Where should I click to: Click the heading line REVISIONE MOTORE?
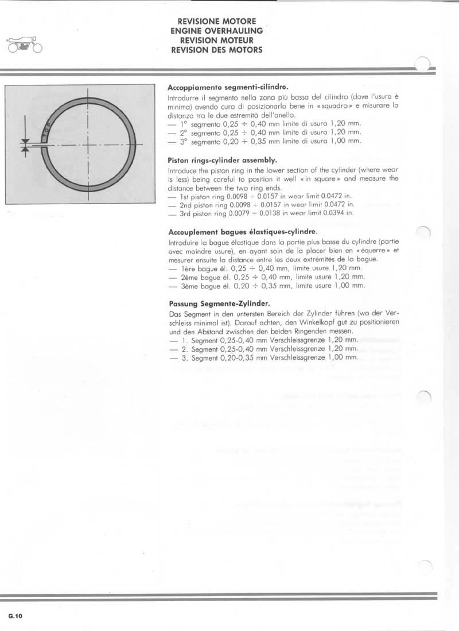217,22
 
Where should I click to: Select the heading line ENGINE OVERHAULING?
217,31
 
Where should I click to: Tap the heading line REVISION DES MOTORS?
217,50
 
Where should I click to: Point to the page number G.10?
15,617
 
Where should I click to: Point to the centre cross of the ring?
89,146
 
